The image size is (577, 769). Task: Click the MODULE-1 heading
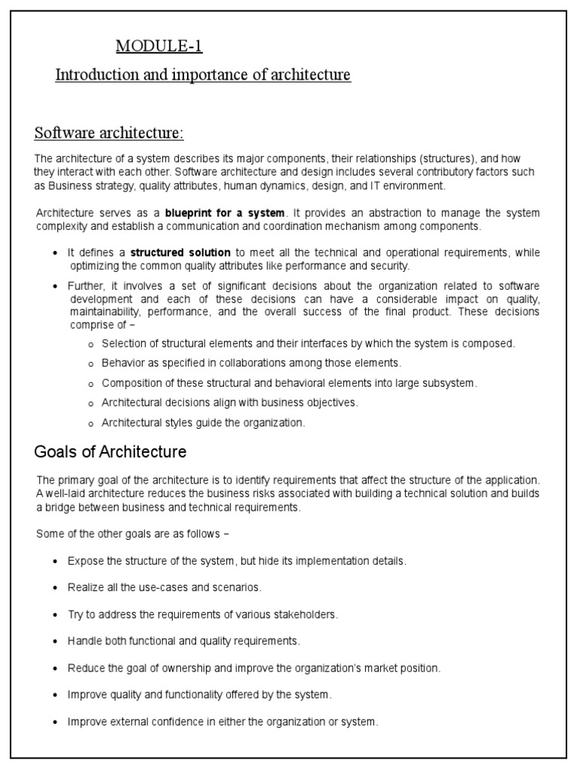159,47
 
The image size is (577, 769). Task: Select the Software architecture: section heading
109,133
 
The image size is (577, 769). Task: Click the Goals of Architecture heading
110,452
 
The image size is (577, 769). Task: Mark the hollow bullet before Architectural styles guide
91,424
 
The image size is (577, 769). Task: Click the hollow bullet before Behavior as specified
91,363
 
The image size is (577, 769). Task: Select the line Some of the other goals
132,534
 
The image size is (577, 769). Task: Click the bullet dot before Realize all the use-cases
56,588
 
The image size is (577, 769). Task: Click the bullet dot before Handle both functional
56,641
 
